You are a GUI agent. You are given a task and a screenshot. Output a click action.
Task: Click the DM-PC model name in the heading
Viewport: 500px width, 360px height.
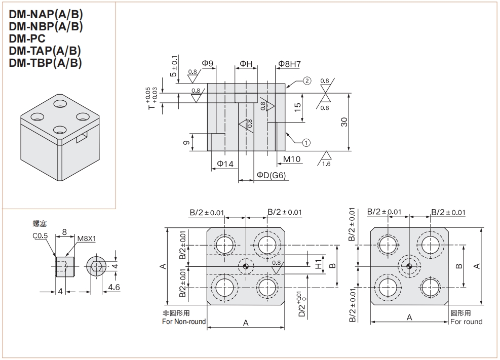coord(27,39)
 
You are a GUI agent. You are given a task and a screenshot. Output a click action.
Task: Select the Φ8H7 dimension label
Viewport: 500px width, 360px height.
coord(289,64)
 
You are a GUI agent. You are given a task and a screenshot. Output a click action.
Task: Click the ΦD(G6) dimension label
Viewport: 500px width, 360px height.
coord(271,175)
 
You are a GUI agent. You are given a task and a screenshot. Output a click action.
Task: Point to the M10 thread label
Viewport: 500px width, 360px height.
coord(292,159)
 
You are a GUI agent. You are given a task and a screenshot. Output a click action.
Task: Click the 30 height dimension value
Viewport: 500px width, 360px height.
coord(344,122)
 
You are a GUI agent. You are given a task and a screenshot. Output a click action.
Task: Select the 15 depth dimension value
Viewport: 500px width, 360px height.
coord(298,107)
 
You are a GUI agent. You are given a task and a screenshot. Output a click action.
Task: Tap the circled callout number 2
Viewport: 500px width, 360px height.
coord(307,81)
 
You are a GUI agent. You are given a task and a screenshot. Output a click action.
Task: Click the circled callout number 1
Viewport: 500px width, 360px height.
coord(306,142)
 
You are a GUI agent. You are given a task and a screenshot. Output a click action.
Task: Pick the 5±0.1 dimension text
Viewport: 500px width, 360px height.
coord(174,66)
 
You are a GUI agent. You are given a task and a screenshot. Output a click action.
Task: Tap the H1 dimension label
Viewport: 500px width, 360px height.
coord(318,265)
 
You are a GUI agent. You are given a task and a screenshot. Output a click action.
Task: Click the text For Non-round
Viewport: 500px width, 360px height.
coord(184,322)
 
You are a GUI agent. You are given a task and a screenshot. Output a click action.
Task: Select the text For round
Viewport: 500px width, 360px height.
coord(466,322)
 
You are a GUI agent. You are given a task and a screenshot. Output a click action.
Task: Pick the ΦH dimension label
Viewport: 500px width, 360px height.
coord(246,64)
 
